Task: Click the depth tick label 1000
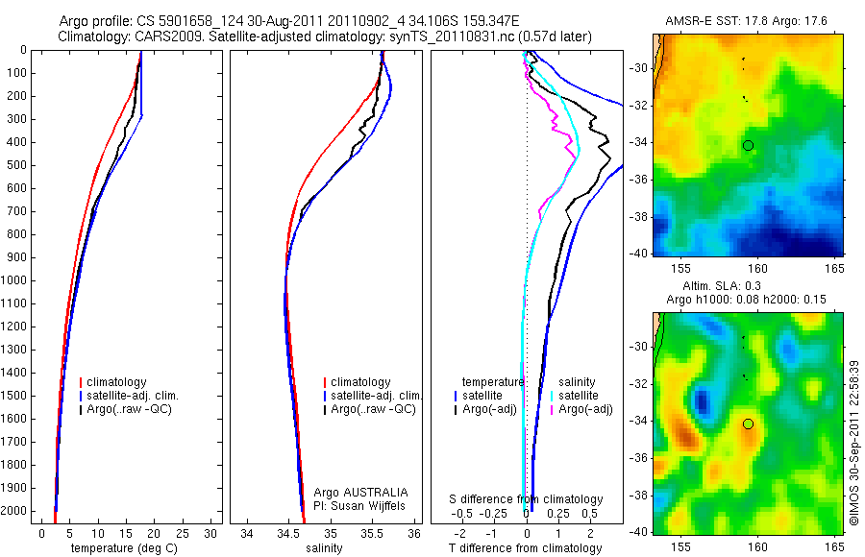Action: (15, 280)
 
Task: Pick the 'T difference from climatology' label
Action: (525, 548)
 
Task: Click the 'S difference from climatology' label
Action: (527, 499)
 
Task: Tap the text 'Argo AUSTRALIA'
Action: (355, 492)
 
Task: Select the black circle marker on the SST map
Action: (748, 145)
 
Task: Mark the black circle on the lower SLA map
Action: (748, 424)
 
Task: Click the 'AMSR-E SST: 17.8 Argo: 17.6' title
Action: (746, 20)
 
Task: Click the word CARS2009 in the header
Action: (162, 36)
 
